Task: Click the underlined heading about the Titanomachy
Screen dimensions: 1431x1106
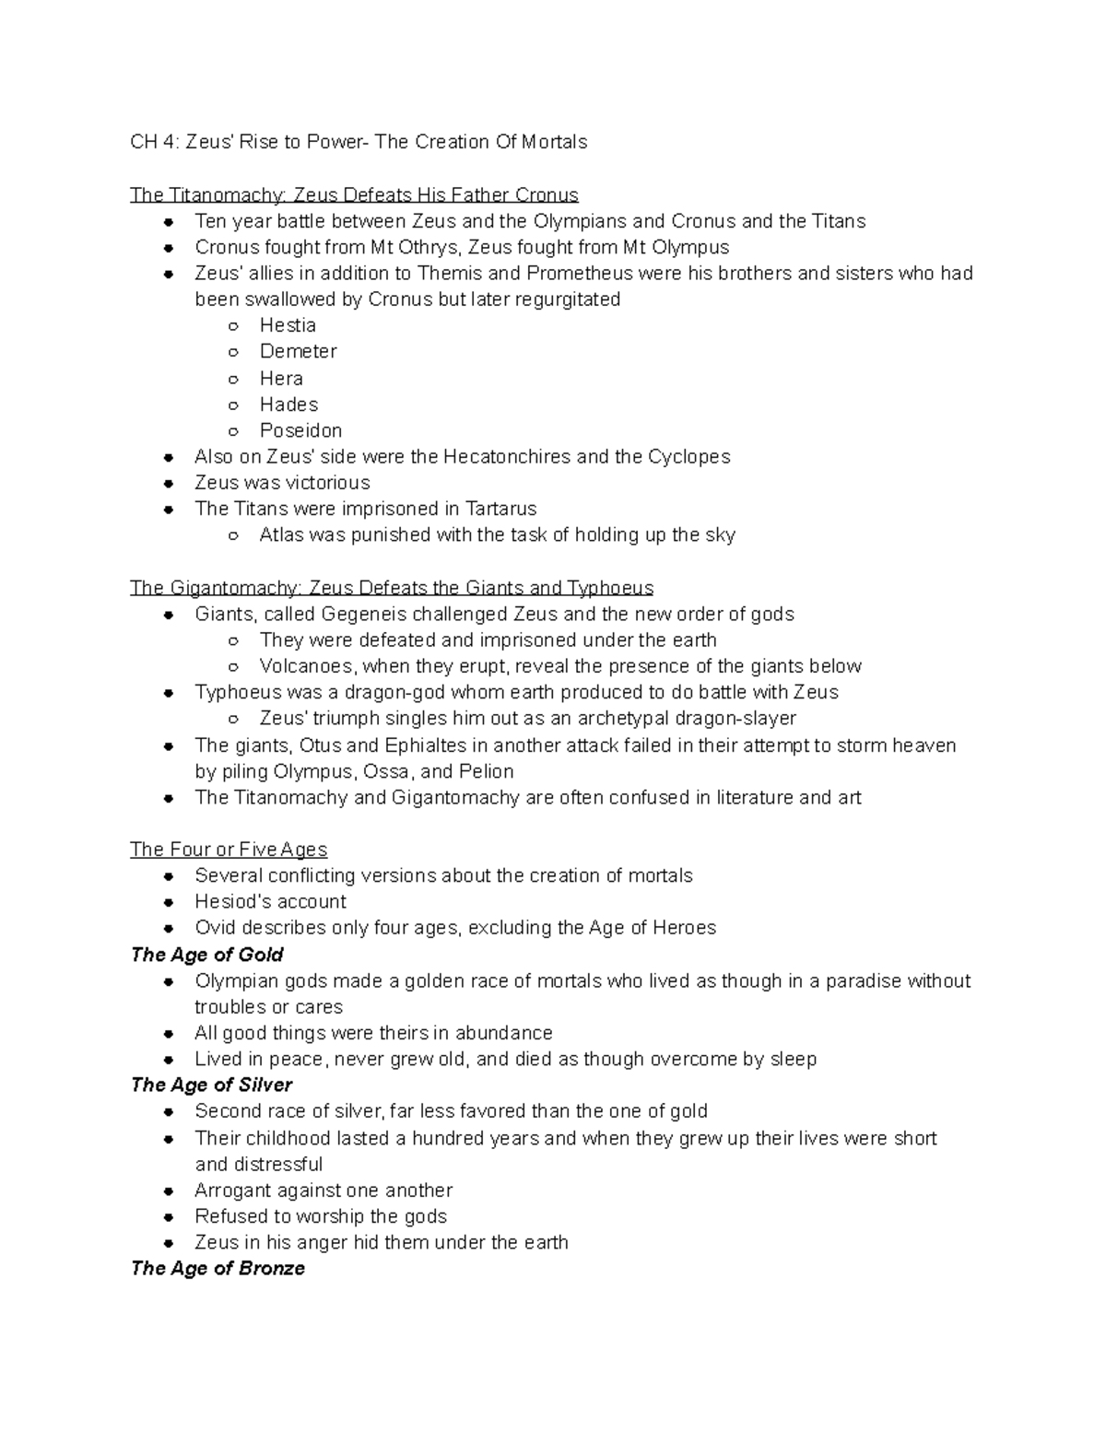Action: pos(354,195)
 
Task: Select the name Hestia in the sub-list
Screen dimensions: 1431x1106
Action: pos(288,325)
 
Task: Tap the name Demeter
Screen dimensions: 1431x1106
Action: pos(298,351)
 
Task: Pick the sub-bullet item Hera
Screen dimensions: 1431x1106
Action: pos(281,378)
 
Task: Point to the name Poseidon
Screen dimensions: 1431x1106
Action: pos(300,430)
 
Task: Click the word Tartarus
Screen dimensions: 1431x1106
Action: pos(500,509)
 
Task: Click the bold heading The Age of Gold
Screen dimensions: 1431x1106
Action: pos(206,955)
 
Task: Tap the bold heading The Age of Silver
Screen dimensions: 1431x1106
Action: pos(211,1085)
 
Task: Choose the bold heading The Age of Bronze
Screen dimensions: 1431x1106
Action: pos(218,1268)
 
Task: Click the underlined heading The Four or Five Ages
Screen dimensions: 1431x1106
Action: pos(229,849)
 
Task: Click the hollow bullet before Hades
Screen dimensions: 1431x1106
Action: pos(234,405)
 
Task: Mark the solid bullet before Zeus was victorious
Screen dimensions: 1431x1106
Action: pos(169,483)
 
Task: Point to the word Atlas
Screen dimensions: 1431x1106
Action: pos(281,534)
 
